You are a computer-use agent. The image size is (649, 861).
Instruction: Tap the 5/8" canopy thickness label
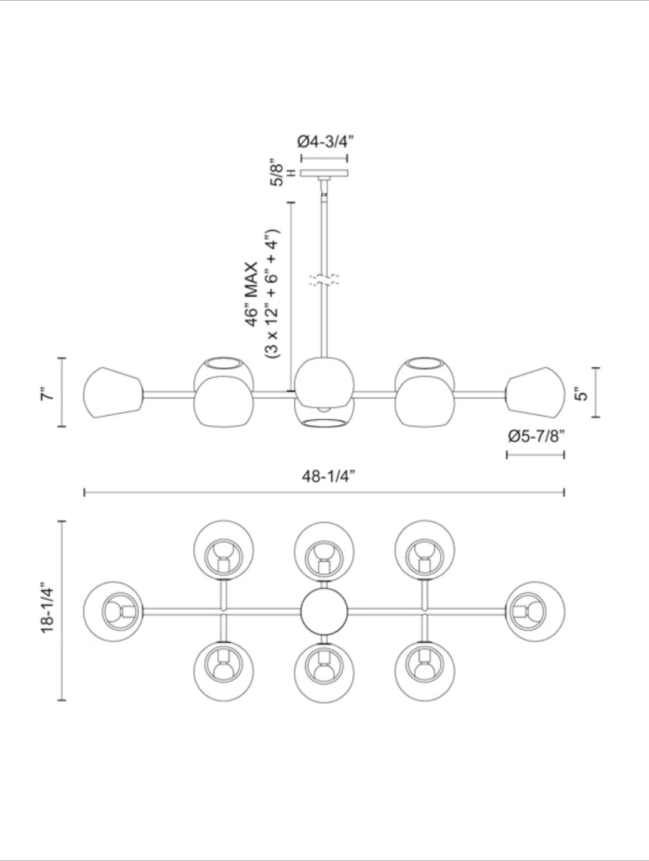coord(276,173)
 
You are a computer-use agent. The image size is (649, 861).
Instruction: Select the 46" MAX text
coord(252,294)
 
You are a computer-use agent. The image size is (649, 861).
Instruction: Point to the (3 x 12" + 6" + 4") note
coord(272,294)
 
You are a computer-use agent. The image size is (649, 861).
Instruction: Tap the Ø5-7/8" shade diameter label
coord(536,436)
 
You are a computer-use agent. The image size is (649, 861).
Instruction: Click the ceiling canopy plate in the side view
coord(324,173)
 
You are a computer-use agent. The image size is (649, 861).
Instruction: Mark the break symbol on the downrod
coord(324,280)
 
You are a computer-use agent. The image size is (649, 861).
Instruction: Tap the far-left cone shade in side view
coord(112,393)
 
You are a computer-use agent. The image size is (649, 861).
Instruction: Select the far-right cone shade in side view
coord(536,393)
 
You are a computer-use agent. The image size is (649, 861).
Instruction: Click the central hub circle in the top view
coord(324,612)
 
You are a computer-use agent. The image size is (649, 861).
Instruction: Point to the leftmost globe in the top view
coord(113,611)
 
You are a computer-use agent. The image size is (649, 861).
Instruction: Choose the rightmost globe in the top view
coord(536,611)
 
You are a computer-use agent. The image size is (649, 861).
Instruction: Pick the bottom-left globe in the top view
coord(224,671)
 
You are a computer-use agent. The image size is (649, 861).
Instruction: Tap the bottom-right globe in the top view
coord(425,671)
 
